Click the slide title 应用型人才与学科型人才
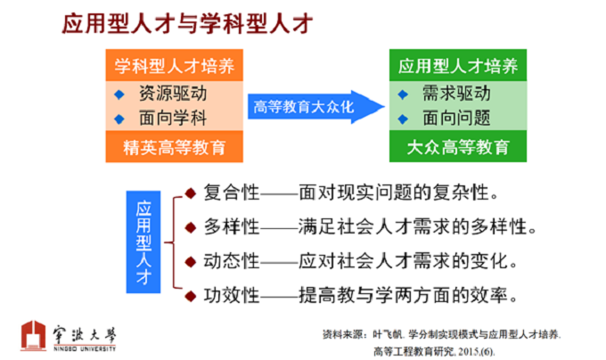(187, 23)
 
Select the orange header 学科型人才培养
(175, 65)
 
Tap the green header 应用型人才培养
(458, 65)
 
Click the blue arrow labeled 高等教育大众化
(315, 107)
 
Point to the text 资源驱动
(173, 94)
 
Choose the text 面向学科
(173, 118)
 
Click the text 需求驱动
(456, 94)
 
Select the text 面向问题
(456, 118)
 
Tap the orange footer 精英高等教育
(175, 147)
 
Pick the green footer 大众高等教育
(458, 147)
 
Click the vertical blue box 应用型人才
(143, 242)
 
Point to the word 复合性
(232, 192)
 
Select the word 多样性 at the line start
(232, 226)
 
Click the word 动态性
(232, 261)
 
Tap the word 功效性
(232, 296)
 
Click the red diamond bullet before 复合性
(191, 193)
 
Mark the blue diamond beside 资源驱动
(119, 94)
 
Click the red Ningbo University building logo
(34, 335)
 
